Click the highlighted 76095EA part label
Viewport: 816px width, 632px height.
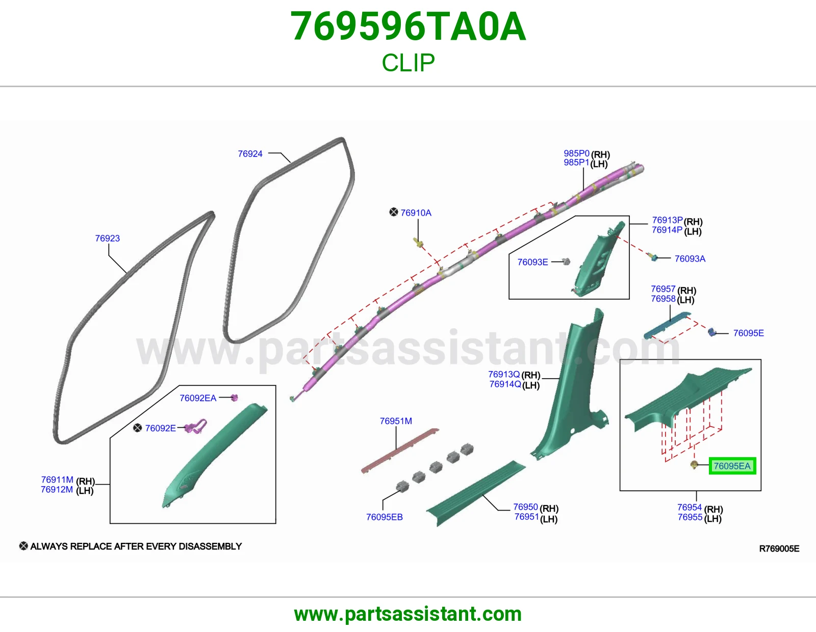732,466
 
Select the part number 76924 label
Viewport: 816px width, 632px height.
250,154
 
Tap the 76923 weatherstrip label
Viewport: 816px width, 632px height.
108,239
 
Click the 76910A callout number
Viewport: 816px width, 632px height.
416,213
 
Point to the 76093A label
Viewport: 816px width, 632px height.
690,258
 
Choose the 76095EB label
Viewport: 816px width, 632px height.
384,517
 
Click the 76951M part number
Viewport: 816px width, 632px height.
396,421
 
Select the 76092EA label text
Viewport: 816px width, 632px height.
198,398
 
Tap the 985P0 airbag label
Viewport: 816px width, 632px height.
576,153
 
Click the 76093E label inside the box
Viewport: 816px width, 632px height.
532,262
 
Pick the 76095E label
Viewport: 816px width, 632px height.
748,333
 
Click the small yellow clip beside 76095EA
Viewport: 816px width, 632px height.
694,465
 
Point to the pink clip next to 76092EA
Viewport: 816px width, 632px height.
234,398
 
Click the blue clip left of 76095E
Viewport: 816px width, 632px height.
711,332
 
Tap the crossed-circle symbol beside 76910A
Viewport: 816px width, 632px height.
394,212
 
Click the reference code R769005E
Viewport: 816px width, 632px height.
779,549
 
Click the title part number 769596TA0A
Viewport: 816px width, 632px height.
408,27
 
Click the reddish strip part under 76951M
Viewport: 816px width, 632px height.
399,451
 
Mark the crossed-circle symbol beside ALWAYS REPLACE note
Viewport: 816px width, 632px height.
23,546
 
